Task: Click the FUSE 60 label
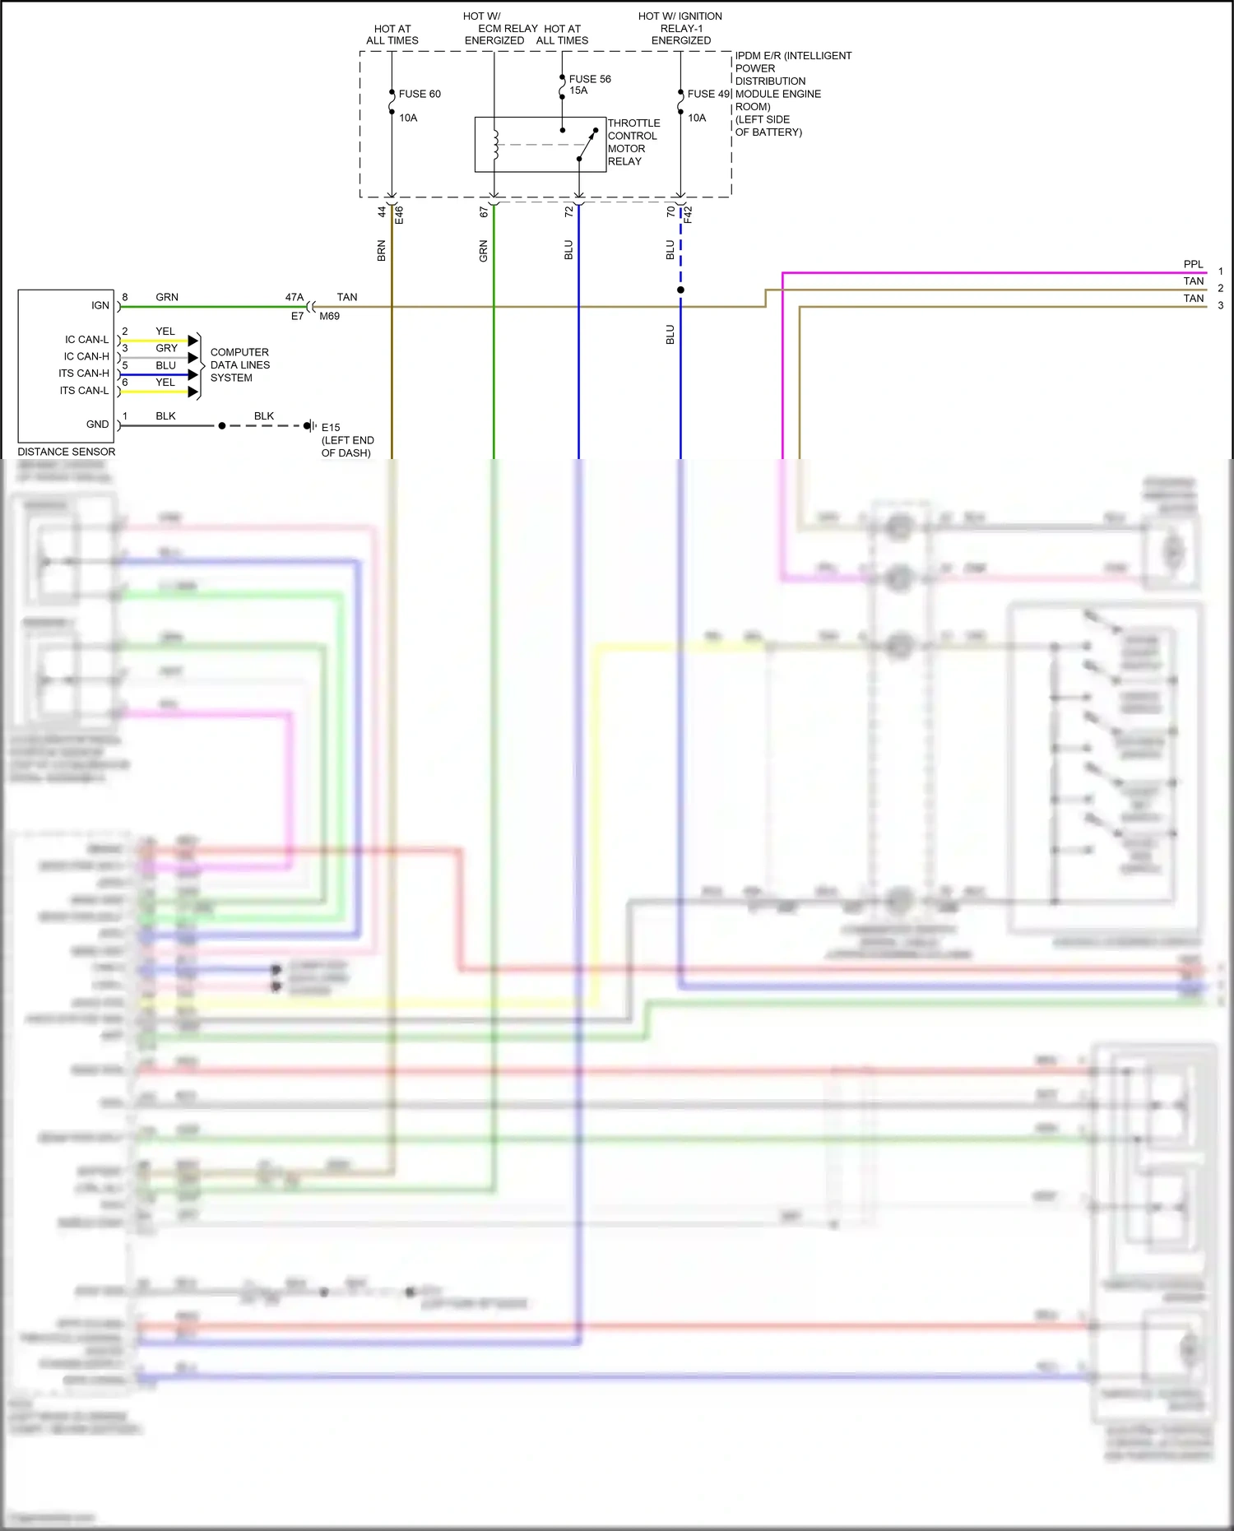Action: coord(419,94)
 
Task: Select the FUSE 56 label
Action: coord(590,79)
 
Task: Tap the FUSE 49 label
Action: coord(708,94)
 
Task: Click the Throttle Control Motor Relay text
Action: coord(633,142)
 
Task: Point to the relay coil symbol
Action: coord(495,144)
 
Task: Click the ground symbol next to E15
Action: coord(311,425)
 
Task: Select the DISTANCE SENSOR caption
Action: coord(67,452)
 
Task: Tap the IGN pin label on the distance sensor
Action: coord(100,305)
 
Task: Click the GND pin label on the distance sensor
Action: coord(97,425)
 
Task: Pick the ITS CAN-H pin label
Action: coord(83,373)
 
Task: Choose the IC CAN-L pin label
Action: coord(86,339)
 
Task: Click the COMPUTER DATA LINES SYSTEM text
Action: coord(239,364)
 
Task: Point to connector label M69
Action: coord(329,316)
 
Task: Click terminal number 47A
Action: coord(294,297)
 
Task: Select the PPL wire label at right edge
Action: coord(1193,264)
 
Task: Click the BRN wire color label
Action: coord(381,251)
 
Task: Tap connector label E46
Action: coord(399,215)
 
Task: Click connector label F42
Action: coord(688,215)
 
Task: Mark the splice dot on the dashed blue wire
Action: coord(680,290)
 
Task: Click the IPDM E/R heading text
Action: coord(793,56)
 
